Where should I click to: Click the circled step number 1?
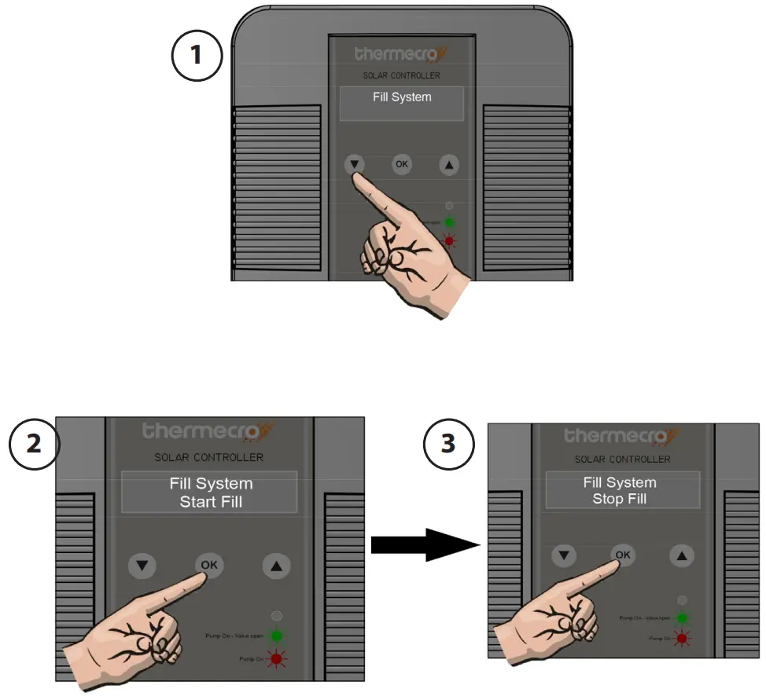197,57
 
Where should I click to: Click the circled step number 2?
34,444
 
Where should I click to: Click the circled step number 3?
448,444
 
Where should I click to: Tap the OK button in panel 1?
402,164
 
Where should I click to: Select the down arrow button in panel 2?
142,566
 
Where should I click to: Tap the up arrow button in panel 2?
276,566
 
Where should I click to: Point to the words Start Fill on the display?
210,501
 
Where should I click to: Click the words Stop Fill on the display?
619,499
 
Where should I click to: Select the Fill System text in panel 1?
402,97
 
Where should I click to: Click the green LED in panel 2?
276,636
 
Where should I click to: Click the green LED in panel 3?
682,618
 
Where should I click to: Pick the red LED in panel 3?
682,639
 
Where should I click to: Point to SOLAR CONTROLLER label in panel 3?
622,459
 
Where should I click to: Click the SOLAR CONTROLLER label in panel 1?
402,75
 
